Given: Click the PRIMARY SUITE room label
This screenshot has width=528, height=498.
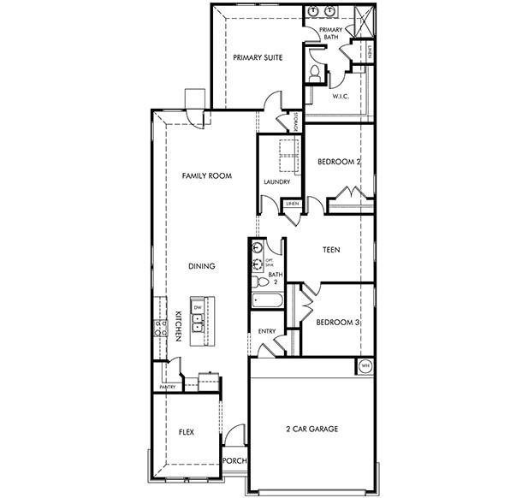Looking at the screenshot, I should click(x=258, y=58).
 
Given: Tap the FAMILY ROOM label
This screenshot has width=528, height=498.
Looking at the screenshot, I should click(x=207, y=175).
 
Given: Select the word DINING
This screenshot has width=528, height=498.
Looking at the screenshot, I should click(x=201, y=266).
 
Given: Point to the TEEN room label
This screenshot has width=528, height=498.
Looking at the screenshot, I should click(x=332, y=252).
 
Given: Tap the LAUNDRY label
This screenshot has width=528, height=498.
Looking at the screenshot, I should click(x=276, y=181).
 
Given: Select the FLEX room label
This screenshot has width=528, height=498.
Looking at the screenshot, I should click(x=186, y=433).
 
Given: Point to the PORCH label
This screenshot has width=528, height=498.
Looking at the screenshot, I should click(x=234, y=460).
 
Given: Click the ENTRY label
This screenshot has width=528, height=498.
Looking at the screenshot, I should click(x=266, y=330).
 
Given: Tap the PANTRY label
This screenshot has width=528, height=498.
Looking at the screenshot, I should click(x=167, y=388).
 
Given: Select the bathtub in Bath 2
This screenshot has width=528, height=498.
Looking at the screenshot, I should click(x=269, y=300).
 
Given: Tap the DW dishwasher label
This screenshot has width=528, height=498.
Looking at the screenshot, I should click(x=197, y=306).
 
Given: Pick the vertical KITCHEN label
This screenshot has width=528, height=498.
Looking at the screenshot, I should click(x=178, y=326).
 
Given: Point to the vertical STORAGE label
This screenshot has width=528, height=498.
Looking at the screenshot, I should click(x=296, y=122).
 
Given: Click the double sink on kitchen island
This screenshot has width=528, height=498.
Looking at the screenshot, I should click(x=197, y=323).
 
